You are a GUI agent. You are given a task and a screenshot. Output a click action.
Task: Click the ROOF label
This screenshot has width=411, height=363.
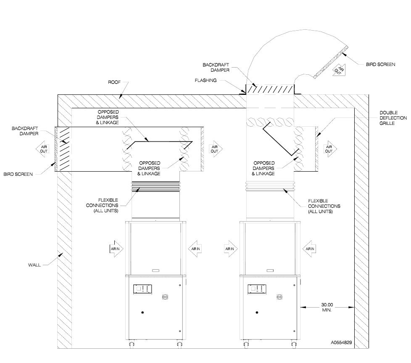pos(114,82)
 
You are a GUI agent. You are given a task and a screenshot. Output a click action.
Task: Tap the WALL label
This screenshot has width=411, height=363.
pos(34,265)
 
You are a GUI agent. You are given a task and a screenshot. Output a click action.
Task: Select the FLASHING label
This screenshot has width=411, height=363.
pos(206,80)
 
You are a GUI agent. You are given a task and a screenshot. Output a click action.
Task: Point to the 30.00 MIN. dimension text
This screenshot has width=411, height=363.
pos(327,307)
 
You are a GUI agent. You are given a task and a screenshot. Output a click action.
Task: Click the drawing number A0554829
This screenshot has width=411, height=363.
pos(341,342)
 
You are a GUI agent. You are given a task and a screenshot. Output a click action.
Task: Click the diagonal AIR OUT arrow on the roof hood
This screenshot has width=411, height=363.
pos(339,70)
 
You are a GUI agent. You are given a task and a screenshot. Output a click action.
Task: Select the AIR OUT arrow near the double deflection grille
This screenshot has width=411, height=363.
pos(330,149)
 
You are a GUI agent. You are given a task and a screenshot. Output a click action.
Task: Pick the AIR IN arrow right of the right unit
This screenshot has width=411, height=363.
pos(309,248)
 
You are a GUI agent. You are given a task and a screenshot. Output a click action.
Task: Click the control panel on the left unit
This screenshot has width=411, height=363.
pos(143,289)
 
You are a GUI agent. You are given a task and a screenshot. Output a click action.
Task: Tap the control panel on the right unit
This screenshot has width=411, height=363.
pos(257,289)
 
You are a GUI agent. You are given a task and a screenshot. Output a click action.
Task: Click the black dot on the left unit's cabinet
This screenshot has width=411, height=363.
pos(142,313)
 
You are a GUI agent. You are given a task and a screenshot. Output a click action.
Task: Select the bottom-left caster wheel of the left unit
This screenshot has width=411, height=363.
pos(132,344)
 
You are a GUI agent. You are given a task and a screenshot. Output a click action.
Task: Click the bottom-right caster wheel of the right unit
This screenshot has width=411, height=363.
pos(294,344)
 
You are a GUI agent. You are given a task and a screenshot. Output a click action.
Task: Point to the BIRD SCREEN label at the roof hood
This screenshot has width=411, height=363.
pos(381,64)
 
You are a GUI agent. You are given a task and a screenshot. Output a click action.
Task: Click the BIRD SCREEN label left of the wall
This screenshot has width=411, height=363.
pos(18,174)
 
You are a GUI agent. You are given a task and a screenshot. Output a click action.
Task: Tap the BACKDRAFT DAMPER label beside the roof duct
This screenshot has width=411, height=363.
pos(216,67)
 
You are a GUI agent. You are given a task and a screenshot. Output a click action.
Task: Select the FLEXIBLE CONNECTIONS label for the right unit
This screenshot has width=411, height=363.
pos(324,206)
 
